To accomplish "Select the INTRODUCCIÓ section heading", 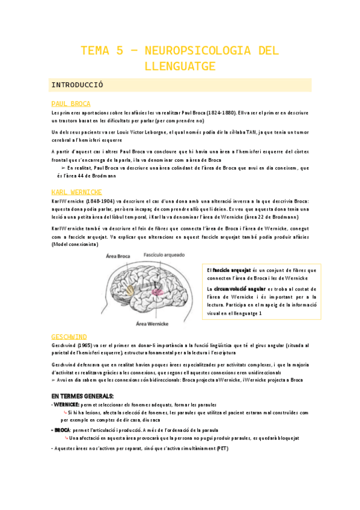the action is pos(78,85).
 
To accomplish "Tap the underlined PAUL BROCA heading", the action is pos(71,103).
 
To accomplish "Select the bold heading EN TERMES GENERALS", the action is pos(82,396).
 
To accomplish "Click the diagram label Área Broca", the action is pos(119,256).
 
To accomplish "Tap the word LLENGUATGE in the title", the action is pos(180,65).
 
